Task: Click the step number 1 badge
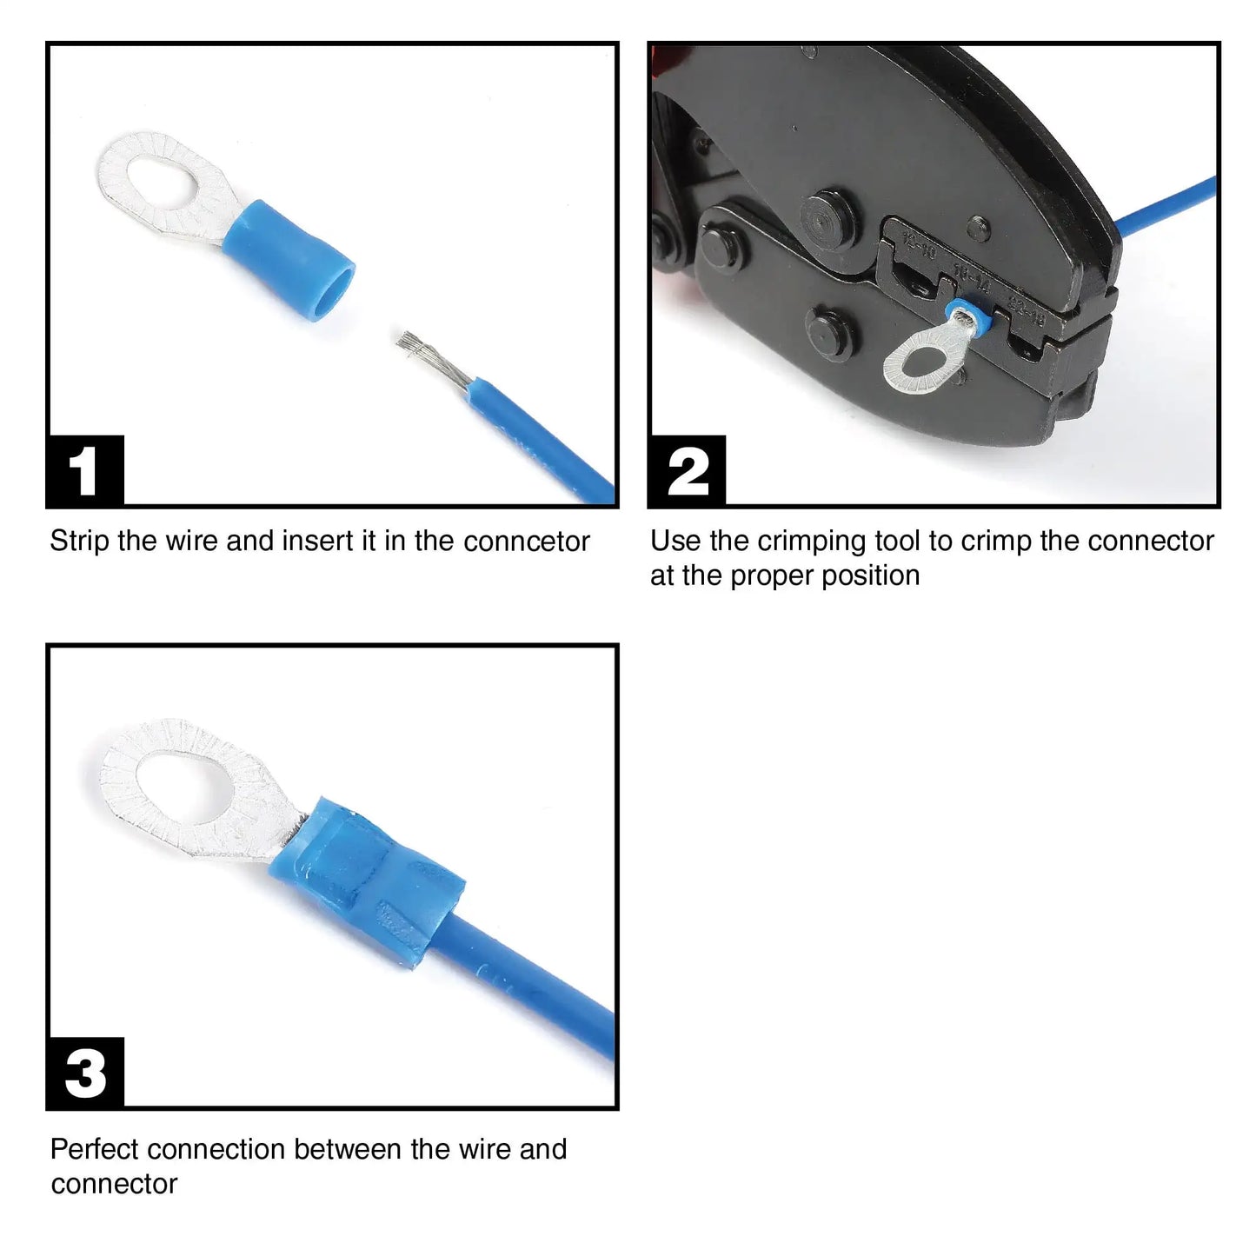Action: pos(84,471)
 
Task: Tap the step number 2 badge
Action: pos(687,471)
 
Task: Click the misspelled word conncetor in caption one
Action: pos(527,542)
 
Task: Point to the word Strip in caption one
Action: pos(80,542)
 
